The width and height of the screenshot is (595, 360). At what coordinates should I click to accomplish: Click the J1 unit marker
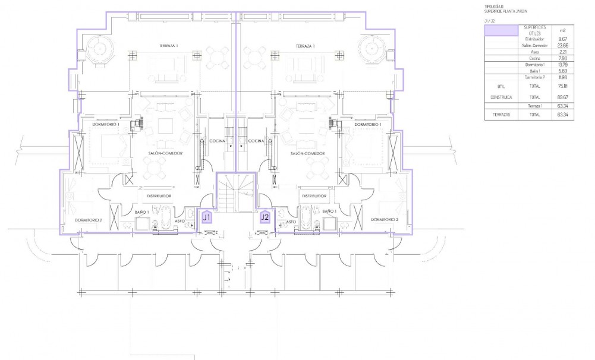pos(207,217)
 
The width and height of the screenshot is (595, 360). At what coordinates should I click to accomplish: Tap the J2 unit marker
pos(265,217)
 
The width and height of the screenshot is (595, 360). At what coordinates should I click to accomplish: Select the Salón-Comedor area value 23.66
pos(562,45)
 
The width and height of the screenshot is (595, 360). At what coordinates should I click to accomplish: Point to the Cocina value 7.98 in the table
pos(562,58)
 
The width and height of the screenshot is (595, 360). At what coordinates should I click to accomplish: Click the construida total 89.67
pos(562,97)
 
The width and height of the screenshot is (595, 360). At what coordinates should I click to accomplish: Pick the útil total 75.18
pos(562,86)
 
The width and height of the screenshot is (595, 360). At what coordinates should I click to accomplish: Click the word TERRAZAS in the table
pos(501,114)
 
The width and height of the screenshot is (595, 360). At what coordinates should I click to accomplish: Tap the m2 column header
pos(562,30)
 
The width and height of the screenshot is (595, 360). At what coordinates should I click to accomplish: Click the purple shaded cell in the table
pos(501,30)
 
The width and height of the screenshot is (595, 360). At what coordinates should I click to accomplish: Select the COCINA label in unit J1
pos(218,141)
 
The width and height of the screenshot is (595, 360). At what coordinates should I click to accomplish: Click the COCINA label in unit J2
pos(256,141)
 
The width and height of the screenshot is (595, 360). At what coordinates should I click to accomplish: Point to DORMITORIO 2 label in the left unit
pos(89,220)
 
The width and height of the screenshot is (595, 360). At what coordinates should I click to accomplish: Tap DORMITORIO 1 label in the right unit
pos(367,125)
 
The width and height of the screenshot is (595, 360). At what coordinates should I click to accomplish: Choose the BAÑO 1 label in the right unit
pos(329,211)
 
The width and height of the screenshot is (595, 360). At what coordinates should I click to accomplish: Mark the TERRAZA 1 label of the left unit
pos(169,46)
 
